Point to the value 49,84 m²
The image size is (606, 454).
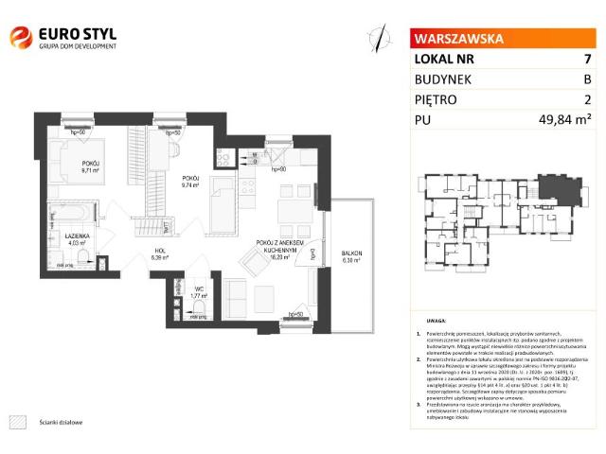(564, 119)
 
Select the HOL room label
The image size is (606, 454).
(161, 253)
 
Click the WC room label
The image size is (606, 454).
(198, 292)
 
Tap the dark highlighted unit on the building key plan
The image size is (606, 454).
(548, 188)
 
